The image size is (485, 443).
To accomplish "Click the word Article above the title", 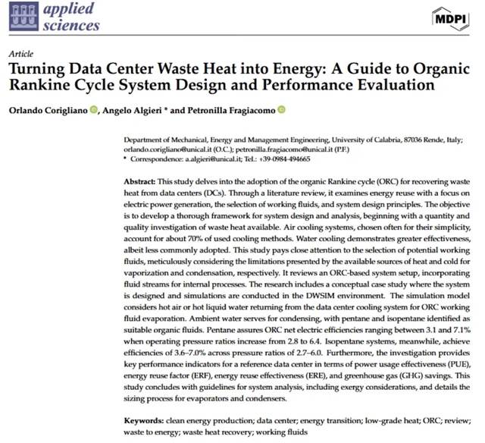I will [20, 55].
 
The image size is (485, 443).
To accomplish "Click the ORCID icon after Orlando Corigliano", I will [93, 110].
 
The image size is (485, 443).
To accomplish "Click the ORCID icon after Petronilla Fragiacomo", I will [281, 110].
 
